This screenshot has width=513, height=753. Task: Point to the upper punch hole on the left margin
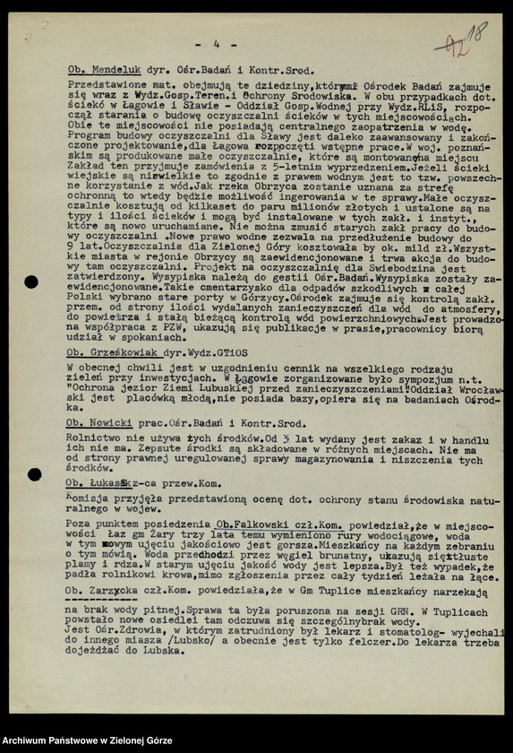click(31, 281)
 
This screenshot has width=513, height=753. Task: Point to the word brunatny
click(278, 555)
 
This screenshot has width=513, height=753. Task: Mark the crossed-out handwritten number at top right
click(452, 43)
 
